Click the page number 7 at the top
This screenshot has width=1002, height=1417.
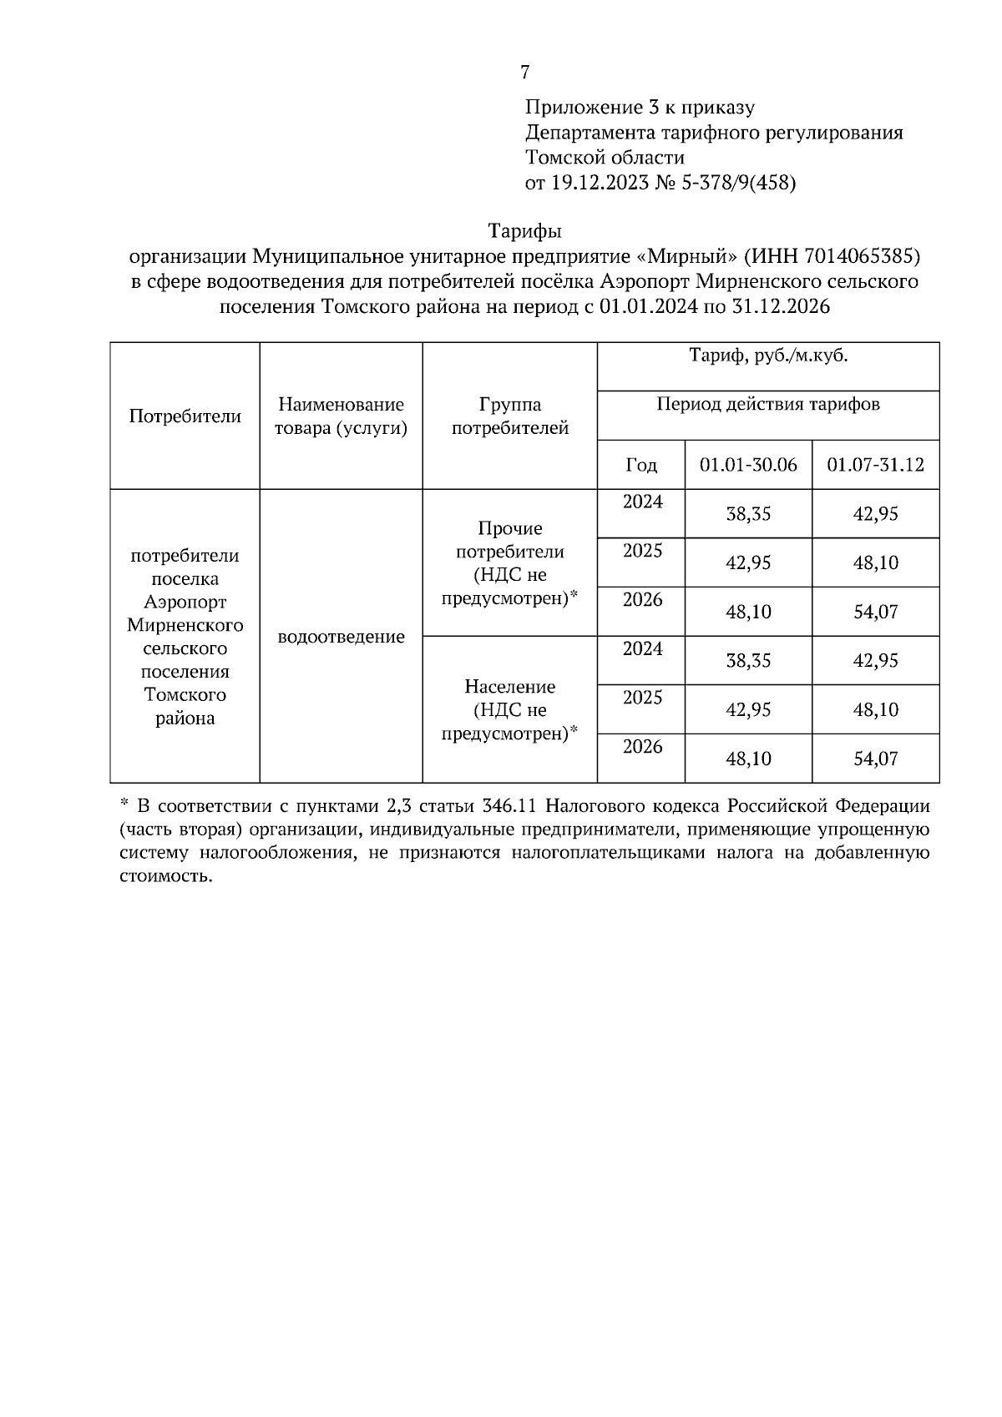(524, 73)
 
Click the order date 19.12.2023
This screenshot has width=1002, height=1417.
(600, 183)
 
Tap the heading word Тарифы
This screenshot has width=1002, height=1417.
(524, 230)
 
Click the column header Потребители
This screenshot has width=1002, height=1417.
(185, 416)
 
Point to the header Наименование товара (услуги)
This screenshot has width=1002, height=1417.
(341, 416)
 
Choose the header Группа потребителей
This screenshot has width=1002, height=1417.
(509, 416)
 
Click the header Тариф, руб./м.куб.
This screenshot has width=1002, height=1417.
(768, 356)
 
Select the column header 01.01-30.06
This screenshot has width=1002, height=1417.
(748, 465)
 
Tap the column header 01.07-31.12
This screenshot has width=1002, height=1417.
(875, 465)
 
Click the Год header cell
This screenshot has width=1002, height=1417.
(640, 465)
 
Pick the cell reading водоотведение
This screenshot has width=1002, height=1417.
(341, 637)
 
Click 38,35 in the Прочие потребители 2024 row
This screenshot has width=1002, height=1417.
(748, 514)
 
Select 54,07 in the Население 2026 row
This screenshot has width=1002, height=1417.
(875, 759)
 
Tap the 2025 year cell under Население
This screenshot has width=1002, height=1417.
(642, 698)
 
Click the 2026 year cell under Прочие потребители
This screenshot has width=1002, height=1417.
(642, 600)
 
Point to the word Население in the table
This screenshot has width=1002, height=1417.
(509, 687)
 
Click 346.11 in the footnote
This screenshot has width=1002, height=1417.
(510, 806)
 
